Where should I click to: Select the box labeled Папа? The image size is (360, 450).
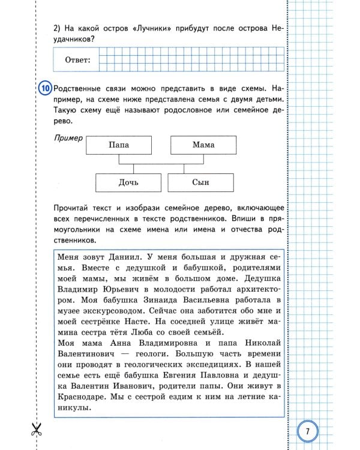119,145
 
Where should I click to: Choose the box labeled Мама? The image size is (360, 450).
203,145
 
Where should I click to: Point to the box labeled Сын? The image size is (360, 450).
200,183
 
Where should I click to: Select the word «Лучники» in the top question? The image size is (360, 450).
152,28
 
